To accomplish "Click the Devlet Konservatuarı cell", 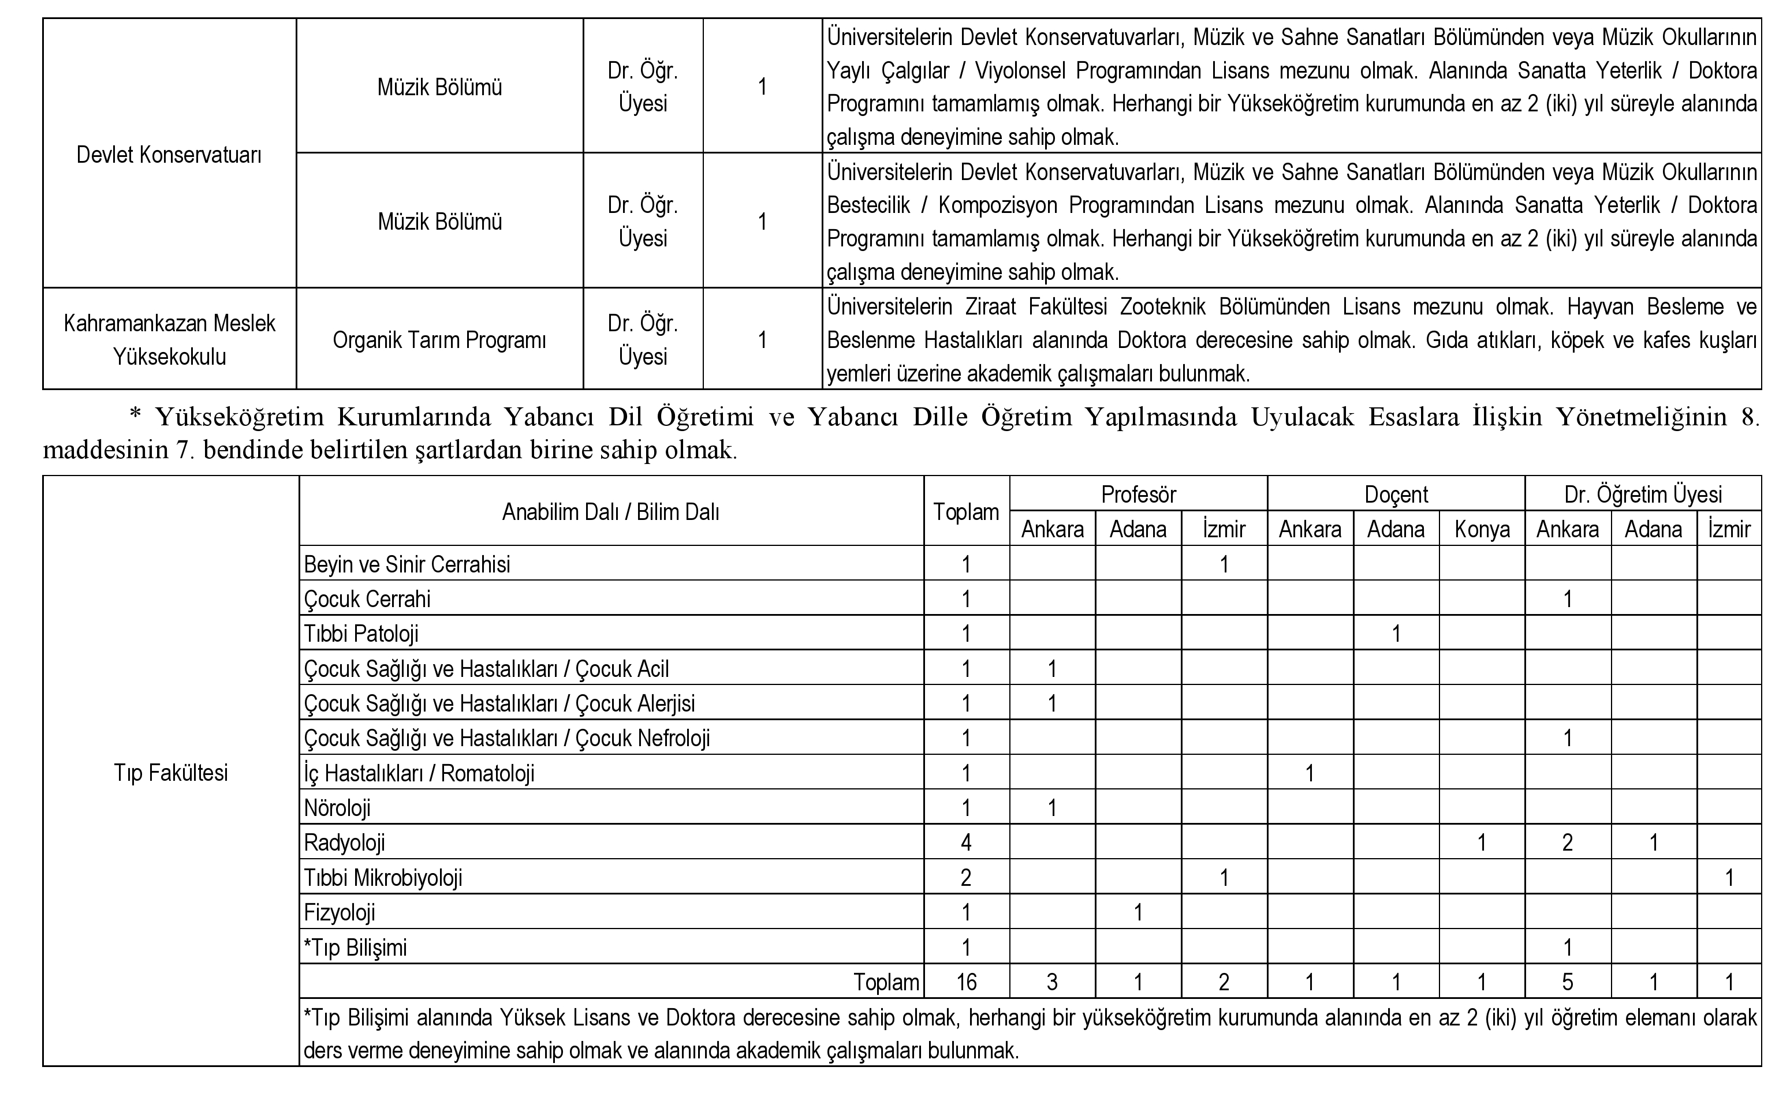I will [x=169, y=155].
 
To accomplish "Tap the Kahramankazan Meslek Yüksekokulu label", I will [x=169, y=340].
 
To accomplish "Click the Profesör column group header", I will [x=1137, y=495].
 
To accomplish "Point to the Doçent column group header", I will [x=1396, y=495].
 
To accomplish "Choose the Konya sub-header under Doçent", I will [x=1482, y=529].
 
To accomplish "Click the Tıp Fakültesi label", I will [x=171, y=772].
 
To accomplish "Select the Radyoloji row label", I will [x=345, y=843].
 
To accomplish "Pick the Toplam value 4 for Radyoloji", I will [x=966, y=843].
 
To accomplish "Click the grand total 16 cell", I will [x=966, y=982].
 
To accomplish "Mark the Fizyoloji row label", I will [x=340, y=912].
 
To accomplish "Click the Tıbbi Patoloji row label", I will [x=361, y=634].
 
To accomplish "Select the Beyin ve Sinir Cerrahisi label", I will [x=407, y=564].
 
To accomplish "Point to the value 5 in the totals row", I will [x=1567, y=982].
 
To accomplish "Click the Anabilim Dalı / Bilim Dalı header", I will [x=610, y=511].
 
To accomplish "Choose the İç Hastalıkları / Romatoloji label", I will [x=419, y=773].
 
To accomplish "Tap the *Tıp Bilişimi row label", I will [x=356, y=948].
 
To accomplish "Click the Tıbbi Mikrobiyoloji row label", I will [x=383, y=878].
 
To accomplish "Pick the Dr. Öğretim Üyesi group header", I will [x=1643, y=495].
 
